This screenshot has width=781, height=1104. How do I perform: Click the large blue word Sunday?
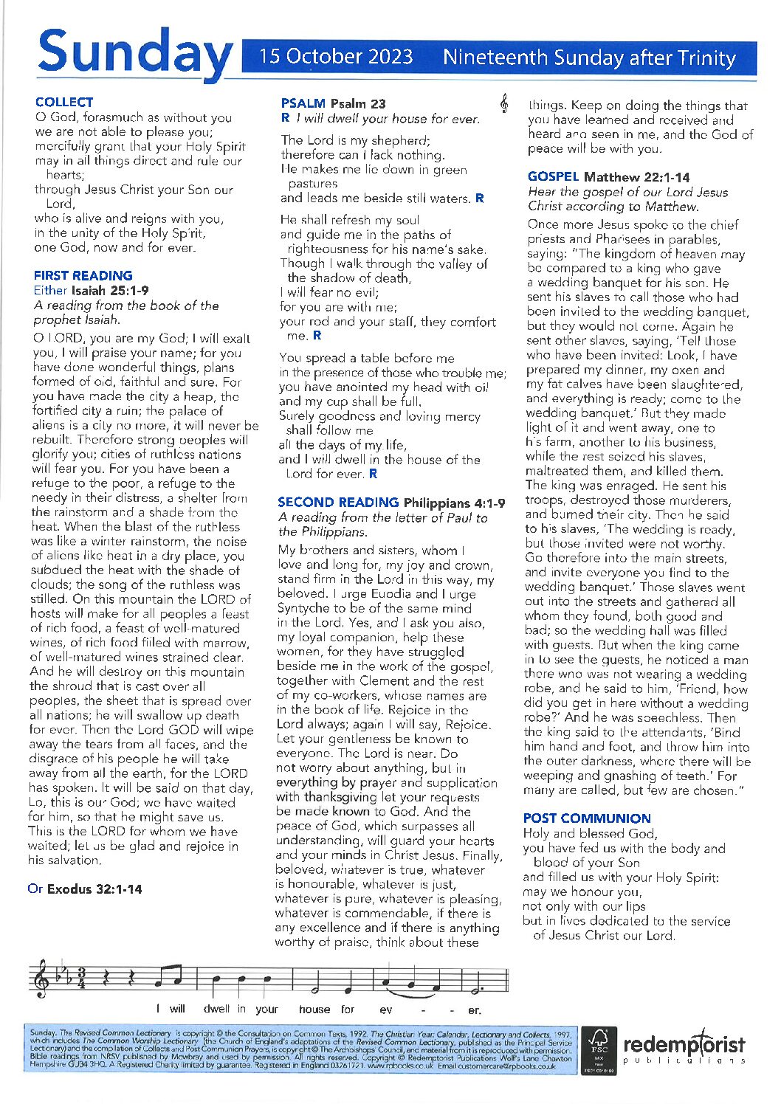(134, 53)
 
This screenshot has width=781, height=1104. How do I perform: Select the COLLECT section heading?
(64, 103)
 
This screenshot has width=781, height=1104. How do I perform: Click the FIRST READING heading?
(83, 275)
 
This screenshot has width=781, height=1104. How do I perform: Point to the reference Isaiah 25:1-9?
(109, 291)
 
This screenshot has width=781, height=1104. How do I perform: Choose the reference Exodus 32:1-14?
(94, 889)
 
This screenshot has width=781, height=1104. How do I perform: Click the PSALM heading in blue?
(303, 103)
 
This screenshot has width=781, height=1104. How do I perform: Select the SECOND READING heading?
(337, 503)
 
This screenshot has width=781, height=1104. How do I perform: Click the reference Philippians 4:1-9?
(455, 503)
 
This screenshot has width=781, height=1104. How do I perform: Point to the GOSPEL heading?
(553, 176)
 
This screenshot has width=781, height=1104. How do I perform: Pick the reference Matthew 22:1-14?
(636, 177)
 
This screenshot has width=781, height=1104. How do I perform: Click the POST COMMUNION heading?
(587, 818)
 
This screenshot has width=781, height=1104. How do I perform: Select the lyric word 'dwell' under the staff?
(216, 1009)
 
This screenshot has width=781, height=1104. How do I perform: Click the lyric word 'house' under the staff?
(314, 1009)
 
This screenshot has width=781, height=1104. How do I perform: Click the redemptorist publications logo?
(684, 1049)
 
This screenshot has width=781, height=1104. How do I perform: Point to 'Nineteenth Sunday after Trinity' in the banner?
(589, 58)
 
